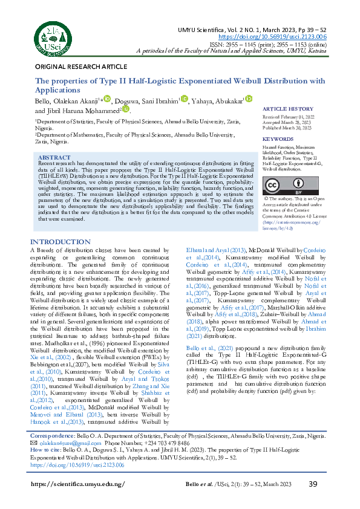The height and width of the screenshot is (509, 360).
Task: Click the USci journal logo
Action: click(x=51, y=35)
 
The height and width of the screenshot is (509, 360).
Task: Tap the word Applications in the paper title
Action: click(x=58, y=89)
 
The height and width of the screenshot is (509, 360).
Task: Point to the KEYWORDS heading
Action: click(x=278, y=139)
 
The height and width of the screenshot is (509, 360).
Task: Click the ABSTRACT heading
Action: click(x=54, y=157)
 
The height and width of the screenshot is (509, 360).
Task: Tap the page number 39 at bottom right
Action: click(x=313, y=484)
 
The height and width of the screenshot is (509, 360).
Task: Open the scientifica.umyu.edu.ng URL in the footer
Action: click(x=77, y=484)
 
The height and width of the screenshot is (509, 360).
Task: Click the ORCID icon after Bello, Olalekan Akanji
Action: click(x=107, y=99)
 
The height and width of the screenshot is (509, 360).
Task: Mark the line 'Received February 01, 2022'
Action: click(x=288, y=116)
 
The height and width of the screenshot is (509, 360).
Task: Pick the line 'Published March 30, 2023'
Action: click(x=287, y=128)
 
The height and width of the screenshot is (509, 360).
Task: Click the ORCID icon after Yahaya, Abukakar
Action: click(x=248, y=99)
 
